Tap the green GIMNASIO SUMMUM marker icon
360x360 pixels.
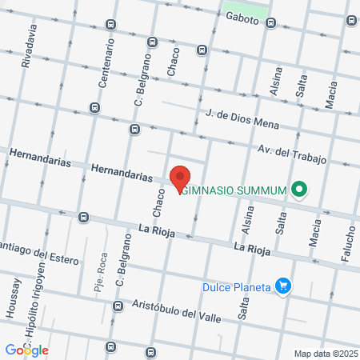coord(300,189)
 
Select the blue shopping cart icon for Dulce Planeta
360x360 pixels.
coord(282,285)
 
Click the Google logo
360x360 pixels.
coord(26,350)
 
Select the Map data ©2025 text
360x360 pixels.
coord(325,354)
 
